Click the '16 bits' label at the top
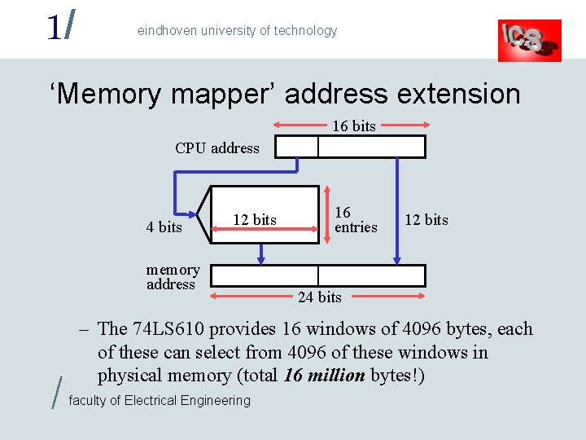pos(353,126)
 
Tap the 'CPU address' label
pos(216,148)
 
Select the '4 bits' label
pos(164,227)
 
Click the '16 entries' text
pos(356,220)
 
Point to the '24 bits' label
pos(319,297)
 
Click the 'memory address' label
pos(173,277)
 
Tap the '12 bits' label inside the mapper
pos(255,220)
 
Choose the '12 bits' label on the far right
pos(426,220)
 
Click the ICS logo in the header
pos(529,40)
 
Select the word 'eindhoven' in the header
pos(165,31)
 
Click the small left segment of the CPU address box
pos(296,147)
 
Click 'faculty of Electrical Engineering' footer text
pos(160,400)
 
